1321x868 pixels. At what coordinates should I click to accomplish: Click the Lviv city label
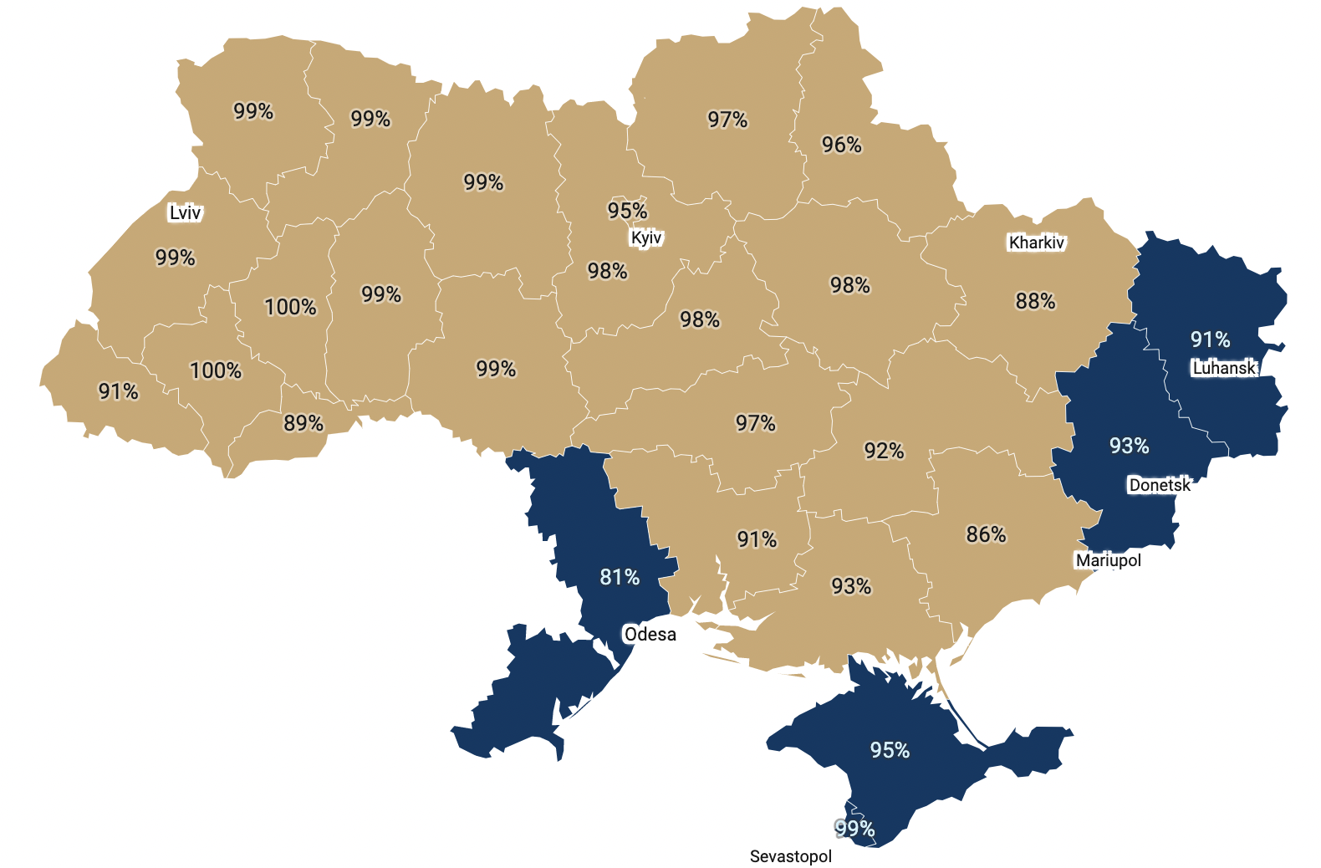[x=185, y=212]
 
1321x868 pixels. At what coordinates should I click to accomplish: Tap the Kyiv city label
[x=646, y=237]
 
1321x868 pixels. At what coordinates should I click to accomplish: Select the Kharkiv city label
[x=1036, y=243]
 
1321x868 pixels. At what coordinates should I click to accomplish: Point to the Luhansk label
[x=1224, y=368]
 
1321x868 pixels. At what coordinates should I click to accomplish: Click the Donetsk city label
[x=1159, y=485]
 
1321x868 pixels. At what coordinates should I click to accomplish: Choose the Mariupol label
[x=1108, y=560]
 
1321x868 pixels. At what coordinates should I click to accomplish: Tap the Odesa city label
[x=650, y=634]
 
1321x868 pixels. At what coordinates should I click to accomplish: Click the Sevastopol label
[x=790, y=856]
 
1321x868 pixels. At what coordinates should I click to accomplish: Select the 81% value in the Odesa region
[x=620, y=577]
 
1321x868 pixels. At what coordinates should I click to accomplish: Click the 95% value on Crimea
[x=890, y=750]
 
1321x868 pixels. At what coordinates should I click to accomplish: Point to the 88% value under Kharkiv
[x=1035, y=301]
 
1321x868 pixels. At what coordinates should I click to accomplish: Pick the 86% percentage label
[x=986, y=534]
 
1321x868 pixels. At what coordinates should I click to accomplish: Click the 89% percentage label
[x=303, y=423]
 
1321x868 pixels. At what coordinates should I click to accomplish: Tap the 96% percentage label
[x=841, y=145]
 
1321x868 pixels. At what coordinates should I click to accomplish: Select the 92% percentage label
[x=884, y=452]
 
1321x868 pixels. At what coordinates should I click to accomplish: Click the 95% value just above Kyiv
[x=627, y=211]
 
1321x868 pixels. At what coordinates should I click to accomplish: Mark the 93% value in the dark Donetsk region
[x=1129, y=446]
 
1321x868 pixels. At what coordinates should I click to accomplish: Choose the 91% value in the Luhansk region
[x=1210, y=340]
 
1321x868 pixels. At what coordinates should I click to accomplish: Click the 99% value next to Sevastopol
[x=854, y=829]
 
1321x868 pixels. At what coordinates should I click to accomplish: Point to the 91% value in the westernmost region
[x=118, y=391]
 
